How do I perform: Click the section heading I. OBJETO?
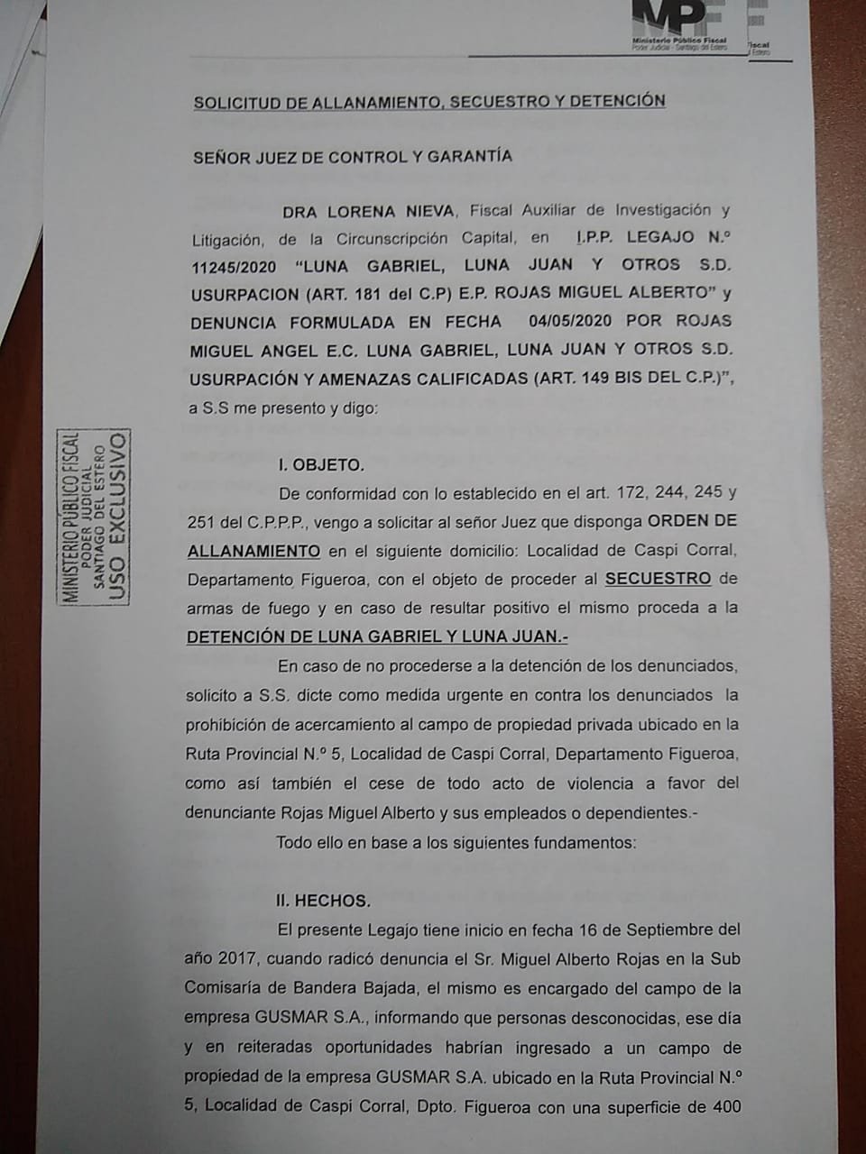tap(321, 466)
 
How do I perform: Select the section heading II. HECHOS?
tap(324, 901)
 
